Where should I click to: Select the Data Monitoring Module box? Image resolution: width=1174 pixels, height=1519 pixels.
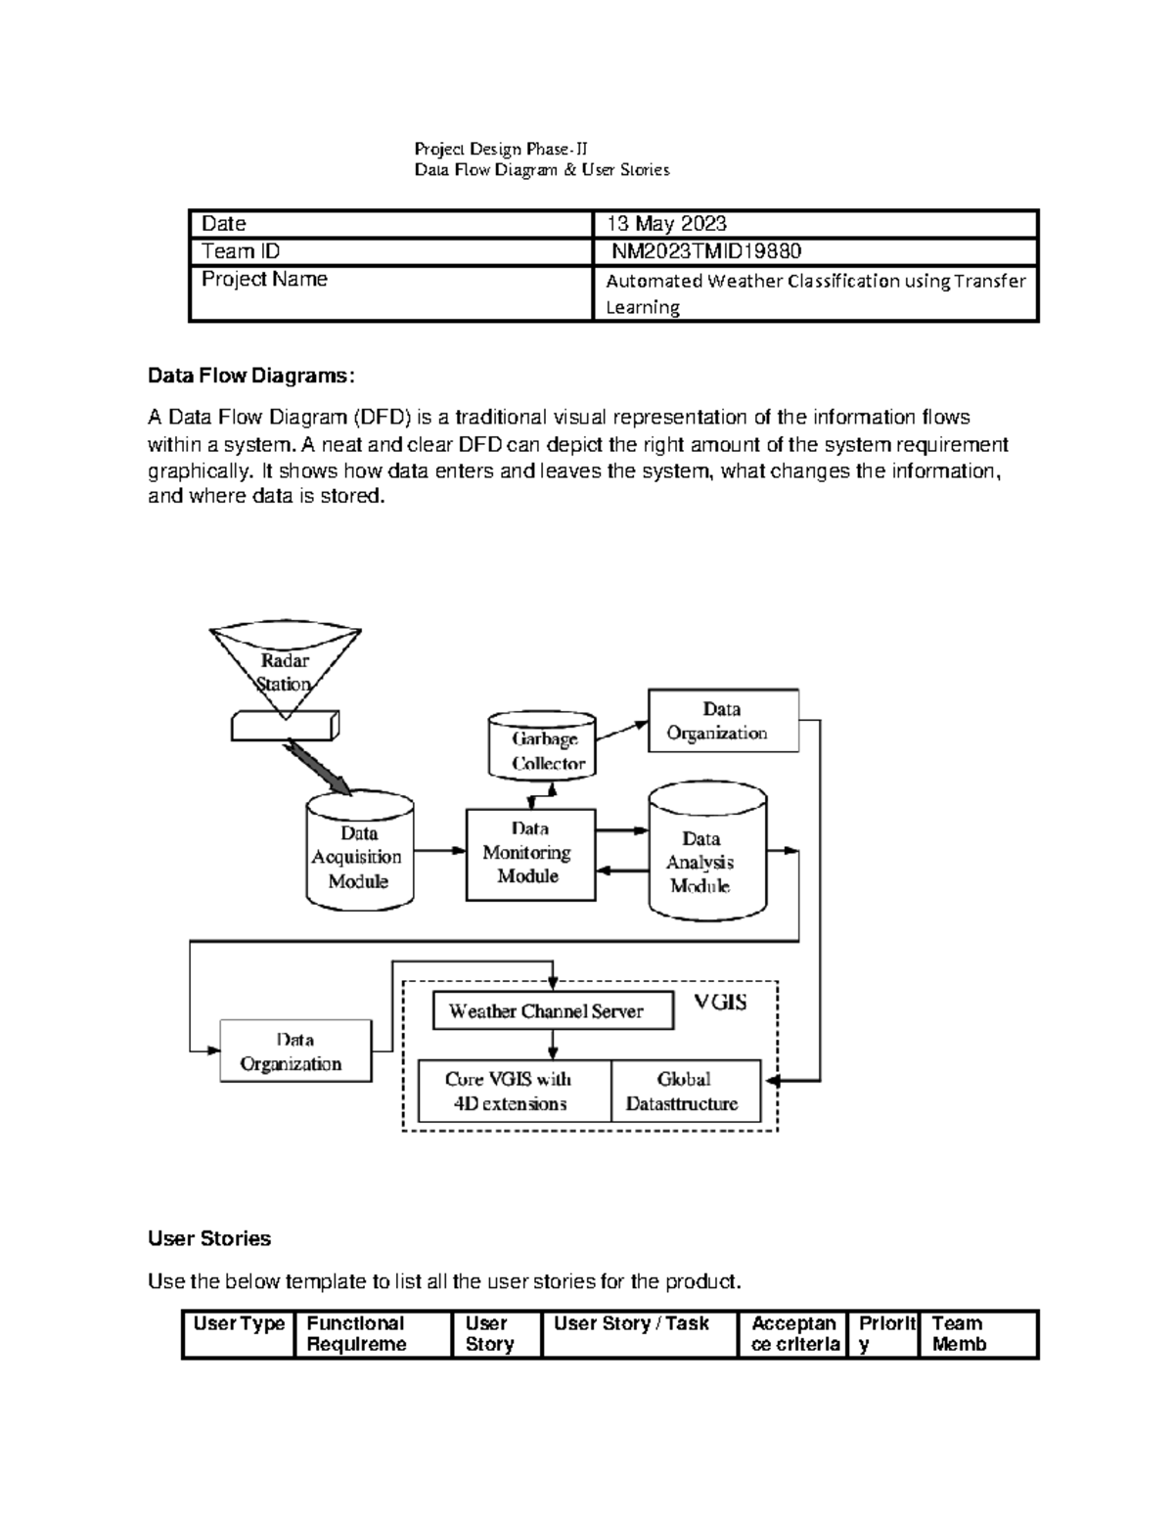click(530, 853)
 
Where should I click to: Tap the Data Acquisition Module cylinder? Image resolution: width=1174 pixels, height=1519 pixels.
click(359, 854)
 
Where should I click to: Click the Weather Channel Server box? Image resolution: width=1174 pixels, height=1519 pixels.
click(553, 1011)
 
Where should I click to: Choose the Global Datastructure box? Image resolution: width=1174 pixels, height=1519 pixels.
click(685, 1091)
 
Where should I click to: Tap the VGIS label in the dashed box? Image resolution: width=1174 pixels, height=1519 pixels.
click(720, 1003)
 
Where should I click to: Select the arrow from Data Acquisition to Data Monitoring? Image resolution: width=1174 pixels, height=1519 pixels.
click(439, 851)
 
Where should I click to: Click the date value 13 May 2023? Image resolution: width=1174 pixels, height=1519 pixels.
click(667, 224)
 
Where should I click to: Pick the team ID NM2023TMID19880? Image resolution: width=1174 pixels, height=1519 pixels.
click(706, 251)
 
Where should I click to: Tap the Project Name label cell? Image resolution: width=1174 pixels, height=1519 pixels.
click(264, 280)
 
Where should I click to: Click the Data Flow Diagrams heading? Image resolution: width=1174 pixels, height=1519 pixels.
click(251, 376)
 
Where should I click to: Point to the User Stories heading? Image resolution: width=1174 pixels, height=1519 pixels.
click(209, 1238)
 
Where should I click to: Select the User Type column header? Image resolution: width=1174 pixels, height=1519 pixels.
click(239, 1324)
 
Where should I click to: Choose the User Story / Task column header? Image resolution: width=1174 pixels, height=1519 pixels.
click(631, 1324)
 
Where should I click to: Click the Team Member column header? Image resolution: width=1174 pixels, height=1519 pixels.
click(959, 1334)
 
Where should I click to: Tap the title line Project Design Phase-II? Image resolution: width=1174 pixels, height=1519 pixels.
click(501, 150)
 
